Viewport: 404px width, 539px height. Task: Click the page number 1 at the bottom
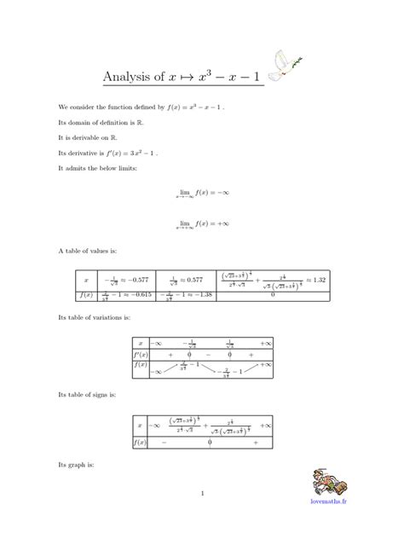[x=202, y=494]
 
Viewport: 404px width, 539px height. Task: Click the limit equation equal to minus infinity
[x=202, y=194]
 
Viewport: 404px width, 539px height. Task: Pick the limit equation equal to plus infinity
[x=202, y=224]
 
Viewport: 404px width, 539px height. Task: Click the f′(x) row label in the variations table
[x=140, y=353]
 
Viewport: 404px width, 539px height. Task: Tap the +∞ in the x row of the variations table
[x=265, y=342]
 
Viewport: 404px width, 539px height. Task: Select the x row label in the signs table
[x=140, y=425]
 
